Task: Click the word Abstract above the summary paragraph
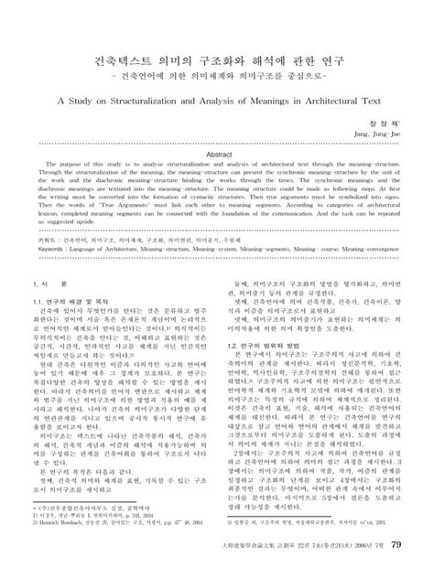click(216, 155)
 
